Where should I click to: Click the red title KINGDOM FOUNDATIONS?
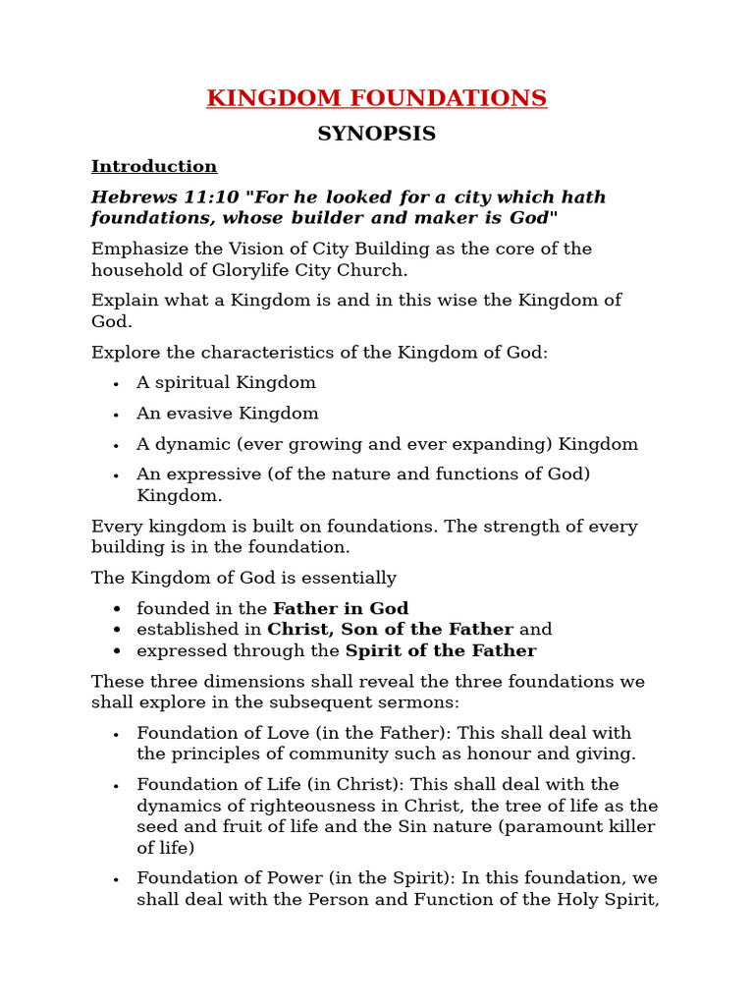point(376,98)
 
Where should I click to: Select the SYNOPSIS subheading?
point(376,134)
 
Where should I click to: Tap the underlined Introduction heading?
point(154,166)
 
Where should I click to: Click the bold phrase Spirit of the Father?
point(441,651)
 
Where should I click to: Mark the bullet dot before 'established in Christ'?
point(117,630)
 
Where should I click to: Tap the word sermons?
point(423,702)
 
